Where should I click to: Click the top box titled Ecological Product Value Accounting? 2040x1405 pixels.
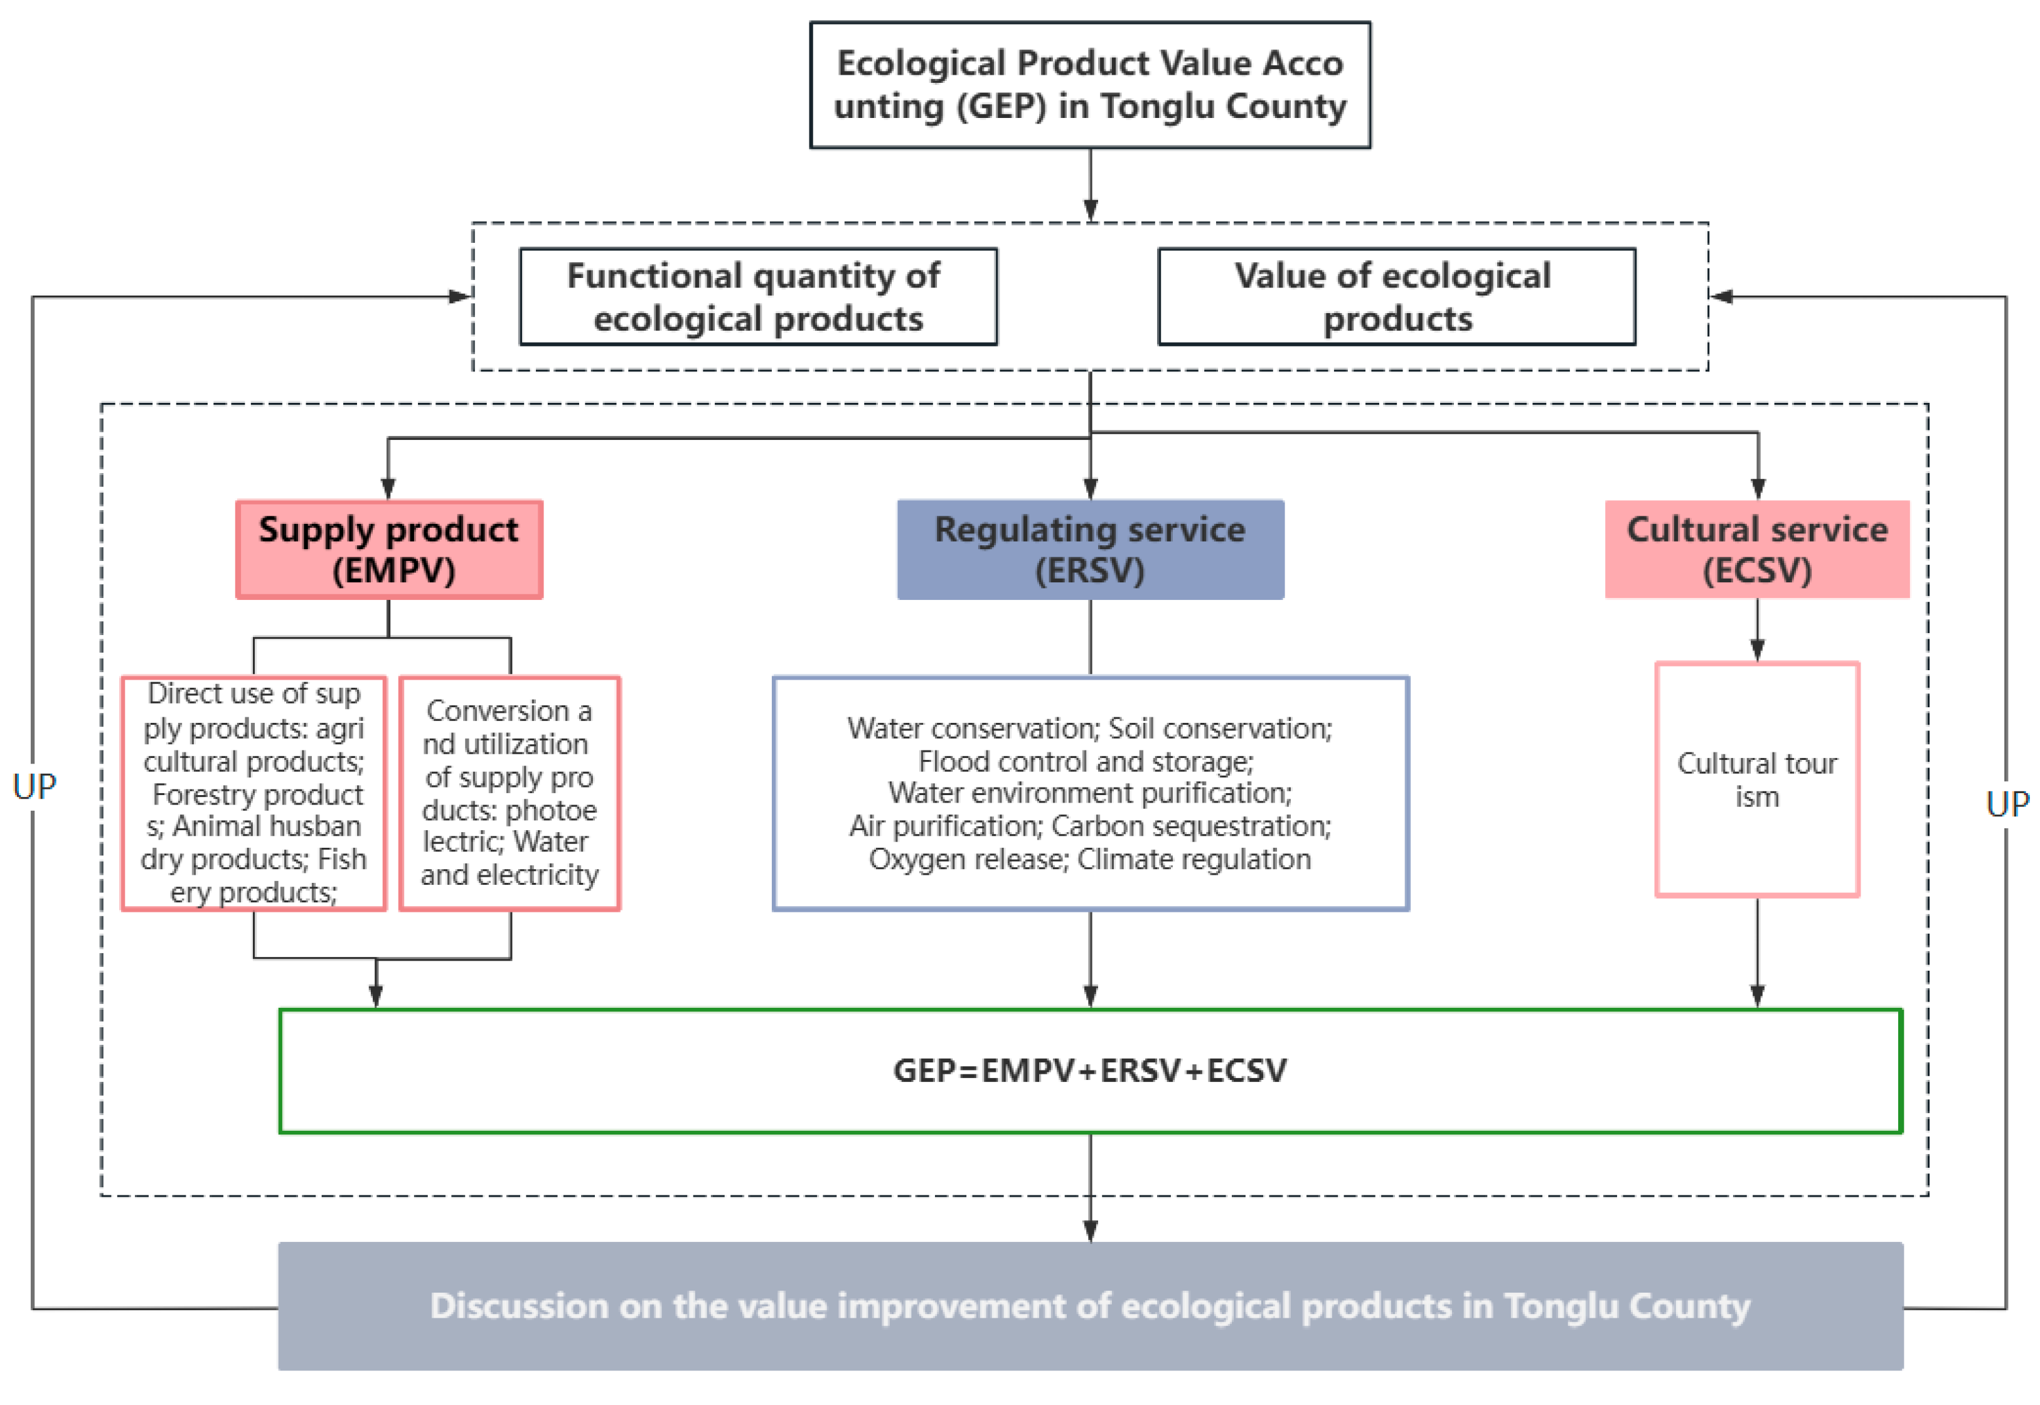click(1089, 85)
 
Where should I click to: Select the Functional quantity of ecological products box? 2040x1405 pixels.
click(758, 297)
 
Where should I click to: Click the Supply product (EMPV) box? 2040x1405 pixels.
click(389, 549)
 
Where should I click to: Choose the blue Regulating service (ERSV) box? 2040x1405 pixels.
click(1089, 549)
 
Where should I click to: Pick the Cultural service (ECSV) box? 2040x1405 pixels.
click(1756, 549)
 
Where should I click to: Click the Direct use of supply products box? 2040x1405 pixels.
click(254, 793)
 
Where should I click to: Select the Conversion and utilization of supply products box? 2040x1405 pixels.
click(510, 793)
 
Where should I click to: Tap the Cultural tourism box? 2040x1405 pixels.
click(1756, 779)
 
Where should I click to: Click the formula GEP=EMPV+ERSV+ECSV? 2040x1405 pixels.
click(1089, 1071)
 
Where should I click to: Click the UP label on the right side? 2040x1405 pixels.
click(2007, 803)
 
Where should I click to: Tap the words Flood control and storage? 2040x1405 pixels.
click(1085, 761)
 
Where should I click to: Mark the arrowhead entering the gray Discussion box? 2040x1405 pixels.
click(1089, 1231)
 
